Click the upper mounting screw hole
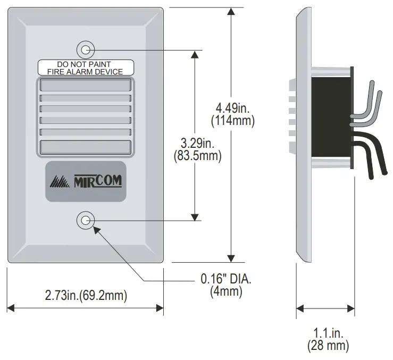pos(86,49)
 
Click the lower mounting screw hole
pos(86,219)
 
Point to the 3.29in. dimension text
pos(197,144)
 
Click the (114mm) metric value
pos(232,121)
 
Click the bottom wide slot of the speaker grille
pos(85,147)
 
